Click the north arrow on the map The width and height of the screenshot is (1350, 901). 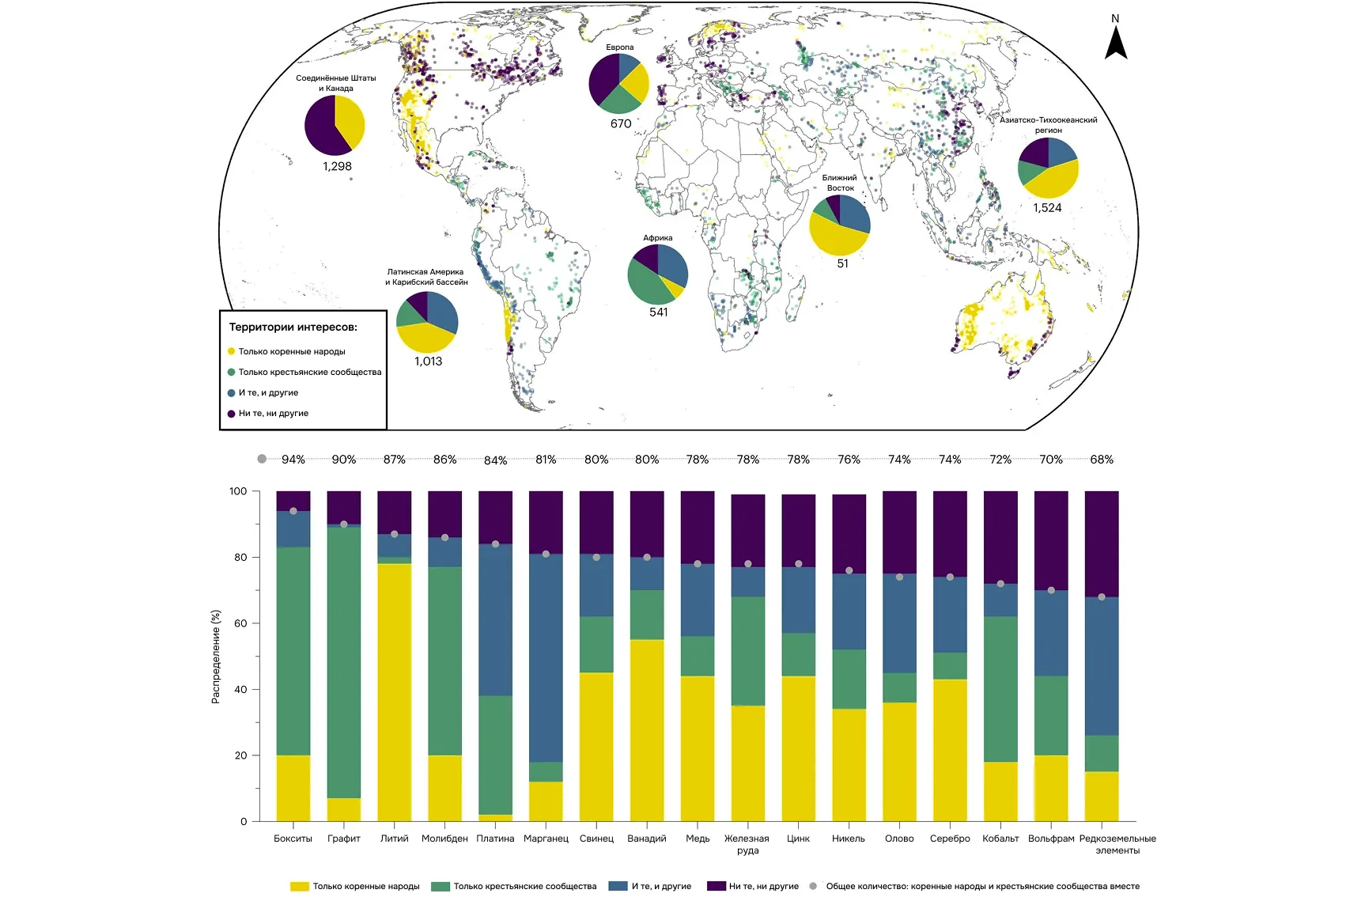(1115, 43)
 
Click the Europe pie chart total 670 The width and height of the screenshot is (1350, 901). (621, 124)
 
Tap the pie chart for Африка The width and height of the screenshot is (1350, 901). (657, 274)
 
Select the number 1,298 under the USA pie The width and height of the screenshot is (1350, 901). (337, 167)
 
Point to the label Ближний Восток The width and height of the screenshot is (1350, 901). (840, 183)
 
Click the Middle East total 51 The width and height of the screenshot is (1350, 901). (842, 264)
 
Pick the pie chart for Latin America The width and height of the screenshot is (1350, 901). (427, 322)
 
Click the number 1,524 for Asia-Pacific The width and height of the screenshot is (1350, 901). (1047, 208)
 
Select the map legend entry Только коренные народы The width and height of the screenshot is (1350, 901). (291, 352)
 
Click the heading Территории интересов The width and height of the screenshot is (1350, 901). (293, 327)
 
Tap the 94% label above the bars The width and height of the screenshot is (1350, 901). (293, 460)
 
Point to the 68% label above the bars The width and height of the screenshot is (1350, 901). (1102, 460)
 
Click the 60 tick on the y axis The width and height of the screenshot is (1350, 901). (240, 623)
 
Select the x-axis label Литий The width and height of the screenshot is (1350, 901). (395, 839)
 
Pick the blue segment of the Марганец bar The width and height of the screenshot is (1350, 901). (546, 657)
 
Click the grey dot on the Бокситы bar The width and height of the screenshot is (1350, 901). (293, 511)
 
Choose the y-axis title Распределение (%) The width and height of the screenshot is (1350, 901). (216, 657)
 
